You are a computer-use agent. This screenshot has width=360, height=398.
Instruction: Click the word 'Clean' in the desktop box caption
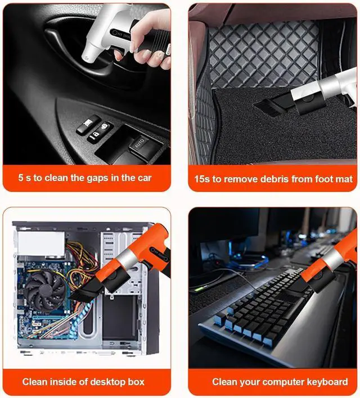click(x=35, y=382)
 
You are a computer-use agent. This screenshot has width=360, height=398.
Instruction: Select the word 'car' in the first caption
click(x=144, y=178)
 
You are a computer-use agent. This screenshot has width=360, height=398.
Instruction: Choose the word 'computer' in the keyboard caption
click(x=278, y=382)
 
